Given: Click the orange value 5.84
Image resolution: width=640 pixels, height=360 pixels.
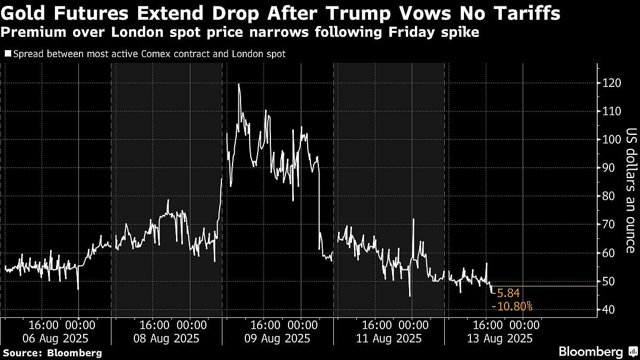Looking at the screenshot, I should (x=507, y=293).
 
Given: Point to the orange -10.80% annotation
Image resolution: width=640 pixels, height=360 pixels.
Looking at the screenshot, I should (x=512, y=307).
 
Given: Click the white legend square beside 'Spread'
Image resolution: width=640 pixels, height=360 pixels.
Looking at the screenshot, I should (x=7, y=54).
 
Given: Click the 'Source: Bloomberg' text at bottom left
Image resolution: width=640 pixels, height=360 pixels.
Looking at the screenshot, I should (x=52, y=353).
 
